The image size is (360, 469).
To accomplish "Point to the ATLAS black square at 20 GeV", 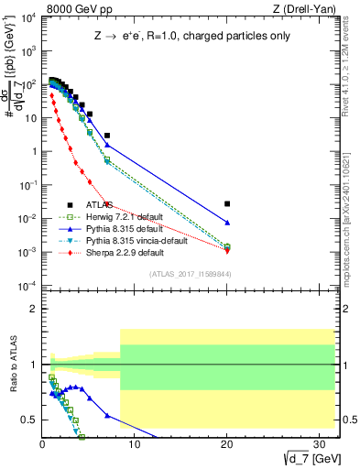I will pos(227,203).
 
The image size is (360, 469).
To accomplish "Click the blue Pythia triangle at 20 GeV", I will pos(227,223).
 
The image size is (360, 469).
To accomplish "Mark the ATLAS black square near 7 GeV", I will pos(107,135).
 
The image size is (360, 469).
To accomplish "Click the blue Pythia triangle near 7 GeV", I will pos(107,145).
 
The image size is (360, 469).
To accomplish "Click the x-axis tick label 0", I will pos(42,445).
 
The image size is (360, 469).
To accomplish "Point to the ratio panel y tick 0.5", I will pos(28,420).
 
